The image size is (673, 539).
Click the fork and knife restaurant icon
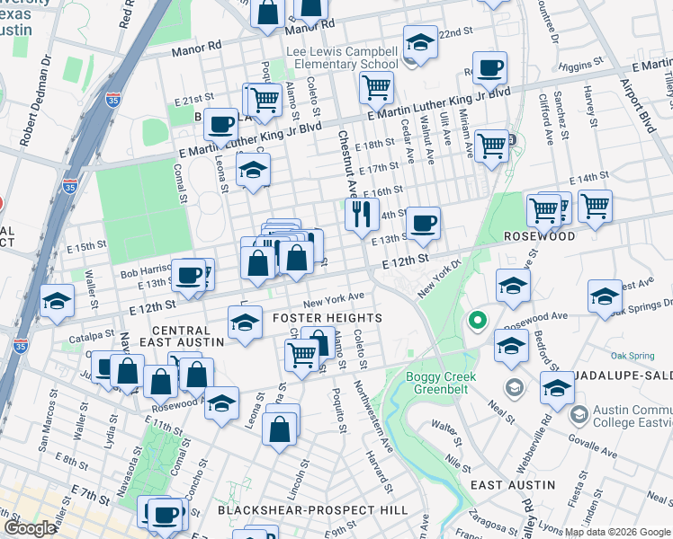pyautogui.click(x=362, y=215)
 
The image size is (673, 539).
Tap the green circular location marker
pyautogui.click(x=476, y=320)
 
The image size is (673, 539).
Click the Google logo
pyautogui.click(x=29, y=528)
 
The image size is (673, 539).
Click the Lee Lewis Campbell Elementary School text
pyautogui.click(x=342, y=57)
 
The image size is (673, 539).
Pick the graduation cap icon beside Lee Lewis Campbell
pyautogui.click(x=419, y=41)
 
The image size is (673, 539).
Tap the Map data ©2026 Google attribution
pyautogui.click(x=617, y=531)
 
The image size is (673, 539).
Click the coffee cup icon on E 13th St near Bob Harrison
pyautogui.click(x=188, y=275)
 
